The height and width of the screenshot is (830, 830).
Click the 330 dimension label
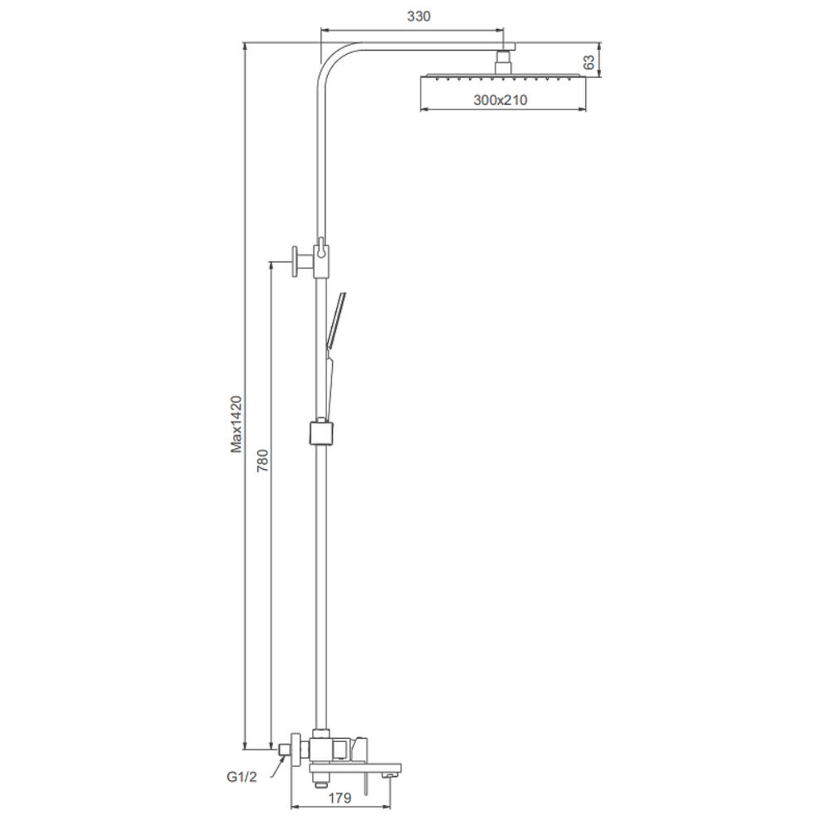pyautogui.click(x=418, y=17)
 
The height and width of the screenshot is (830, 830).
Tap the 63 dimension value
pyautogui.click(x=588, y=62)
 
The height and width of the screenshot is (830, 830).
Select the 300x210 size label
pyautogui.click(x=500, y=100)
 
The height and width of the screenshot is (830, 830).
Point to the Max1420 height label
pyautogui.click(x=236, y=424)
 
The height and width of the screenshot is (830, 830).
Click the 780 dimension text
pyautogui.click(x=262, y=461)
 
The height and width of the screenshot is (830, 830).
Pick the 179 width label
pyautogui.click(x=339, y=797)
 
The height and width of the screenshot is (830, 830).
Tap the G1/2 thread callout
pyautogui.click(x=242, y=777)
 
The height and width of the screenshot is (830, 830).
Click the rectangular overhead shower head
pyautogui.click(x=504, y=77)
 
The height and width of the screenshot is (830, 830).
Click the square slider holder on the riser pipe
pyautogui.click(x=320, y=432)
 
